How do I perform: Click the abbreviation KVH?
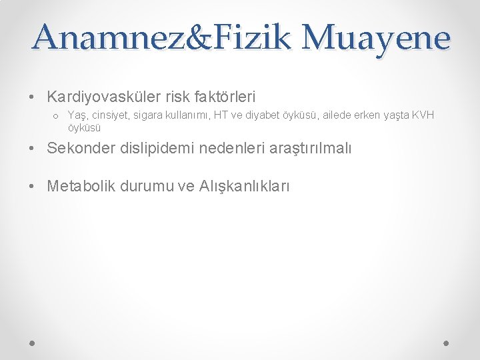pyautogui.click(x=423, y=115)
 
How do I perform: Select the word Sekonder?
pyautogui.click(x=79, y=148)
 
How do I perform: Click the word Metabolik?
pyautogui.click(x=81, y=186)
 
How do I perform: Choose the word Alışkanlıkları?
pyautogui.click(x=244, y=187)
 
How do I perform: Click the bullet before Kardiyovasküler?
pyautogui.click(x=32, y=97)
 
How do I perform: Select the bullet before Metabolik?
pyautogui.click(x=32, y=187)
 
